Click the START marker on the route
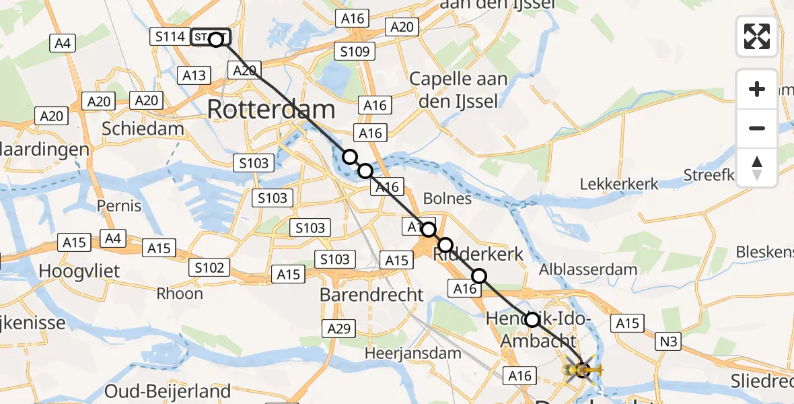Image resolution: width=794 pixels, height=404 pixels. click(210, 38)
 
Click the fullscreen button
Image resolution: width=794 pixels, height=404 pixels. click(757, 36)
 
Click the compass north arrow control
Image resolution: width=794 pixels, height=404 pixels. click(757, 168)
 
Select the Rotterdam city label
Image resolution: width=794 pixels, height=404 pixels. click(270, 109)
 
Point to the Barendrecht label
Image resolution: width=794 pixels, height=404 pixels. click(371, 294)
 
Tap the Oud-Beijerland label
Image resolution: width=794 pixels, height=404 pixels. click(168, 391)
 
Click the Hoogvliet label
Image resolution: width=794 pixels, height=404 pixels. click(79, 271)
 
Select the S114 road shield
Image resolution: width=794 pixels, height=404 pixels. click(170, 36)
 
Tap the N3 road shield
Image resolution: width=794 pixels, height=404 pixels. click(668, 342)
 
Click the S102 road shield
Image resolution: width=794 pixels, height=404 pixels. click(209, 267)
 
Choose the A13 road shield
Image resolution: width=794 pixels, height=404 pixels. click(194, 75)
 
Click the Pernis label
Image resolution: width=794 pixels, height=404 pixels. click(119, 205)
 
